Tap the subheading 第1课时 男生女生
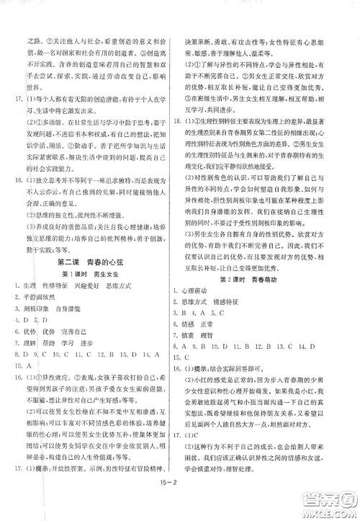pyautogui.click(x=95, y=274)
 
